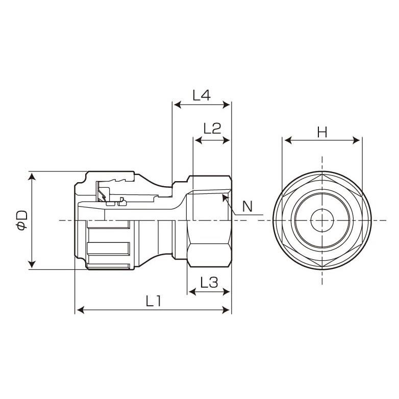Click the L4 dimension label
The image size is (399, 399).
[202, 95]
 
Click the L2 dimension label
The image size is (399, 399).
[212, 128]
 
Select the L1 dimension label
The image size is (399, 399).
[153, 301]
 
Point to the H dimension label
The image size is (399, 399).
[322, 132]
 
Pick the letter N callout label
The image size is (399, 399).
[247, 207]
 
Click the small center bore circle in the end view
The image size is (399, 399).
[322, 220]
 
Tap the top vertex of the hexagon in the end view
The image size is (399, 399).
[322, 174]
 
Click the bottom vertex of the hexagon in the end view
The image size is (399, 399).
[322, 267]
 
